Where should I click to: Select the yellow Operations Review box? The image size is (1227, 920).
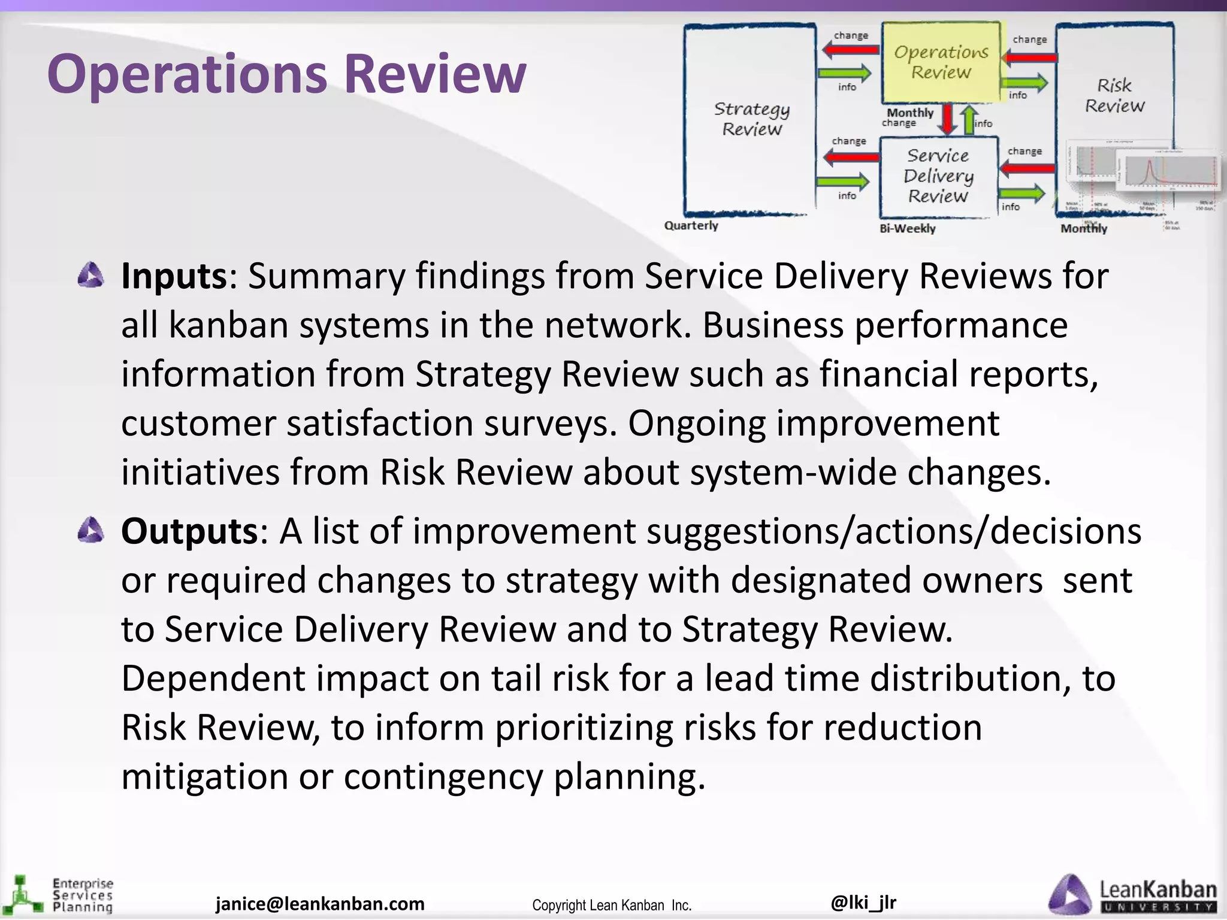point(941,62)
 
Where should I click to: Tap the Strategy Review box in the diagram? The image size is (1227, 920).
point(751,119)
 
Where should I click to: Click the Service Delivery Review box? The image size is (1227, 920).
point(938,176)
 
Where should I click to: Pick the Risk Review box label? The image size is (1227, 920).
point(1114,95)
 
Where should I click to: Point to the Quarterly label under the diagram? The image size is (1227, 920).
point(691,226)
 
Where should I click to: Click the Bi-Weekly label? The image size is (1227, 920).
point(907,228)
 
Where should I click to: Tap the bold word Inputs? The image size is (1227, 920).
point(174,276)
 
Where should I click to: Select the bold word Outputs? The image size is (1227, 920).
point(189,531)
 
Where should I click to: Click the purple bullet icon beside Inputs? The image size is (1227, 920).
point(91,276)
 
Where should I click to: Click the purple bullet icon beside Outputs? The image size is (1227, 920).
point(91,531)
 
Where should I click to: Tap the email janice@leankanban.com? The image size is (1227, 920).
point(320,903)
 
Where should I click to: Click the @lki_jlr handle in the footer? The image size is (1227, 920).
point(863,901)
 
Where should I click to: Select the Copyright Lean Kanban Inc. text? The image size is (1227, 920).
point(612,905)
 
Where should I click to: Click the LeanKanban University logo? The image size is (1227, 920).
point(1132,895)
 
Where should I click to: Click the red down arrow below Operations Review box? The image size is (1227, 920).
point(947,119)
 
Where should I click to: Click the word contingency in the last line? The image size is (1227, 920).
point(443,777)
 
